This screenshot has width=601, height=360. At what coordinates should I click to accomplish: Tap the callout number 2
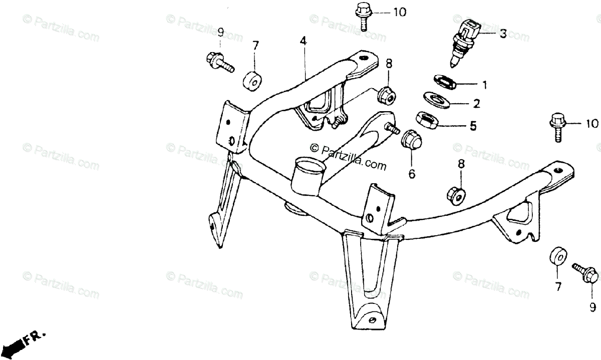[x=476, y=104]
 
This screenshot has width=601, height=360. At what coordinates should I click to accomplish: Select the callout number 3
[x=503, y=34]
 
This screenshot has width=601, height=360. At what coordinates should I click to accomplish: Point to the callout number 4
[x=303, y=41]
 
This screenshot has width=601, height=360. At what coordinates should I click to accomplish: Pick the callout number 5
[x=473, y=126]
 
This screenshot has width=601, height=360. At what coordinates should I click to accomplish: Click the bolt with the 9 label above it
[x=219, y=60]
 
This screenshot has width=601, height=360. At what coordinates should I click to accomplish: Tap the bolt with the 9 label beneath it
[x=586, y=274]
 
